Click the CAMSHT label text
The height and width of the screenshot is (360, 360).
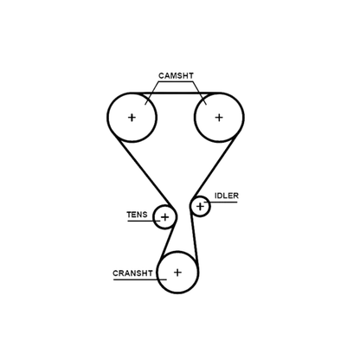point(176,76)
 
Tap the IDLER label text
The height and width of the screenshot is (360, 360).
point(227,196)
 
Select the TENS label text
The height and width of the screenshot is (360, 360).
point(137,215)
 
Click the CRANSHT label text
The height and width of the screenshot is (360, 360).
point(132,273)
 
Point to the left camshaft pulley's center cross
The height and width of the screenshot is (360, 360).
point(132,118)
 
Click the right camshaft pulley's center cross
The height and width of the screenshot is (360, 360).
point(219,118)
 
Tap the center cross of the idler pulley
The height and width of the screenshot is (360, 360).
point(200,207)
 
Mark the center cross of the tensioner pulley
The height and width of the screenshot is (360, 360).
point(164,217)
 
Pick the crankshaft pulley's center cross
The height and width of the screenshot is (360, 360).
point(177,273)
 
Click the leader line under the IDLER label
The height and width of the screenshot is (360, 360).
point(221,202)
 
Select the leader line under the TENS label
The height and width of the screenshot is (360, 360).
point(144,221)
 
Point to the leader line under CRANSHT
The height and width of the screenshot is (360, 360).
point(140,280)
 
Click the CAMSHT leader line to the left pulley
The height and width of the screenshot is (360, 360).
point(152,93)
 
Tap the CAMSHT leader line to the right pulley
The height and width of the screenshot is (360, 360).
point(200,93)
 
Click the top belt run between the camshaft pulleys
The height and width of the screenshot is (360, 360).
point(176,93)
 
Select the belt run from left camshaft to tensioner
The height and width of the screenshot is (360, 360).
point(144,170)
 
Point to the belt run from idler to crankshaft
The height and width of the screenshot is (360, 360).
point(194,235)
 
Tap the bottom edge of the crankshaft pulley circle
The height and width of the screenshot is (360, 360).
point(177,292)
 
